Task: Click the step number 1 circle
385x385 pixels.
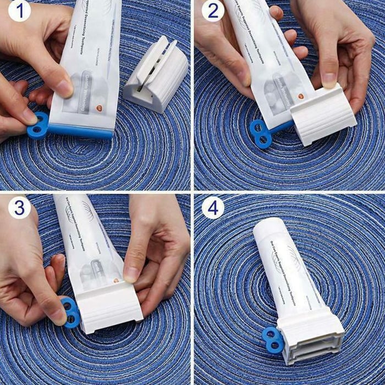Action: [x=19, y=11]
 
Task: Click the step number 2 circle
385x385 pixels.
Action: [x=213, y=11]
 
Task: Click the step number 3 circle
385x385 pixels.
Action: [x=19, y=208]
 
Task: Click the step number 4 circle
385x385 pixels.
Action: [x=213, y=208]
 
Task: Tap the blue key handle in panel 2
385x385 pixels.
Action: [x=260, y=133]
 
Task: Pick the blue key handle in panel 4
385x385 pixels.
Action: [x=273, y=339]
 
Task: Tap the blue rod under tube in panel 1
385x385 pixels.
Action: [x=80, y=130]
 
